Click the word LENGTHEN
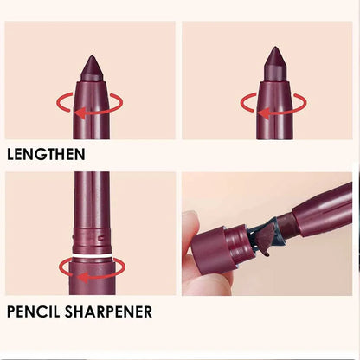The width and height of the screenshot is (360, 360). tap(45, 156)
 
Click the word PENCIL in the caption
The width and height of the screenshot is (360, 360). tap(36, 312)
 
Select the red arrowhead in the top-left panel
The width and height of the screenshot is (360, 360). tap(80, 112)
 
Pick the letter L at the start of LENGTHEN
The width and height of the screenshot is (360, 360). tap(11, 156)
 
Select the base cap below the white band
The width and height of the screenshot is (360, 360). tap(91, 277)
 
